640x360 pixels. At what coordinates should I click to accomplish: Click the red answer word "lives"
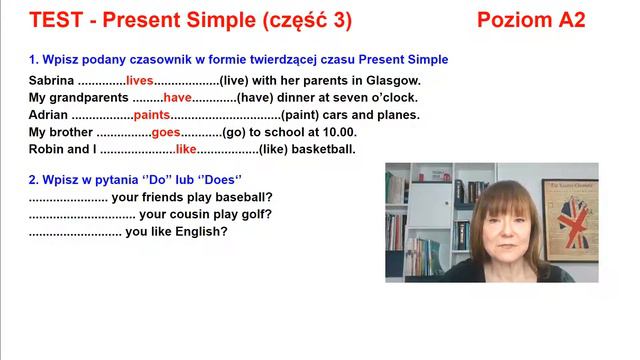(140, 80)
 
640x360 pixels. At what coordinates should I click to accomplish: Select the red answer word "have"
(177, 97)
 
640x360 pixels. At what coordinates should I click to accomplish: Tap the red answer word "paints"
(152, 115)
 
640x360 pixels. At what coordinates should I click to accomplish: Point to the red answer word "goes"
(166, 132)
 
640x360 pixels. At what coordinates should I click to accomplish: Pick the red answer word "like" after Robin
(187, 149)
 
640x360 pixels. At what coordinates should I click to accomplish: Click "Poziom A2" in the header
(531, 20)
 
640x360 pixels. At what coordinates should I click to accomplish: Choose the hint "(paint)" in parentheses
(302, 115)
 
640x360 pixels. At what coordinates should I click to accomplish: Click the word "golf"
(256, 214)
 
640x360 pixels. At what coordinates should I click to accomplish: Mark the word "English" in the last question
(203, 231)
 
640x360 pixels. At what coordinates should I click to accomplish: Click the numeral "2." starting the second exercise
(34, 180)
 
